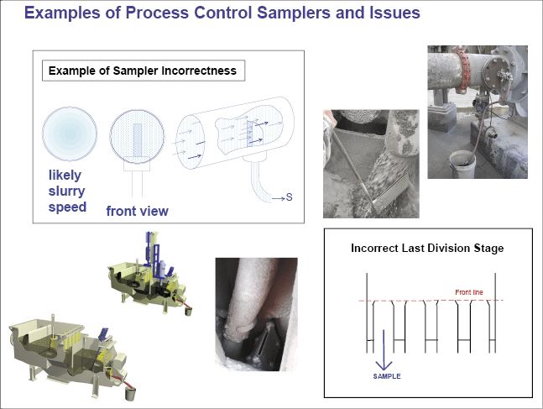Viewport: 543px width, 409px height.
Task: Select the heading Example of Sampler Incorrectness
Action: coord(144,71)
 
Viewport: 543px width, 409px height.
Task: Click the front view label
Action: coord(137,211)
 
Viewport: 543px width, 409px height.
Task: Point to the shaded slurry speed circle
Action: coord(70,134)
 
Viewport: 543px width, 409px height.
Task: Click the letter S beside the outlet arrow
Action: coord(289,197)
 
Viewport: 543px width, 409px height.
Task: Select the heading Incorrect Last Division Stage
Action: coord(426,249)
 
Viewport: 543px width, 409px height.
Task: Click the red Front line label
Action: coord(469,291)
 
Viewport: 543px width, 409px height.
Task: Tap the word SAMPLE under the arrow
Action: coord(387,376)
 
